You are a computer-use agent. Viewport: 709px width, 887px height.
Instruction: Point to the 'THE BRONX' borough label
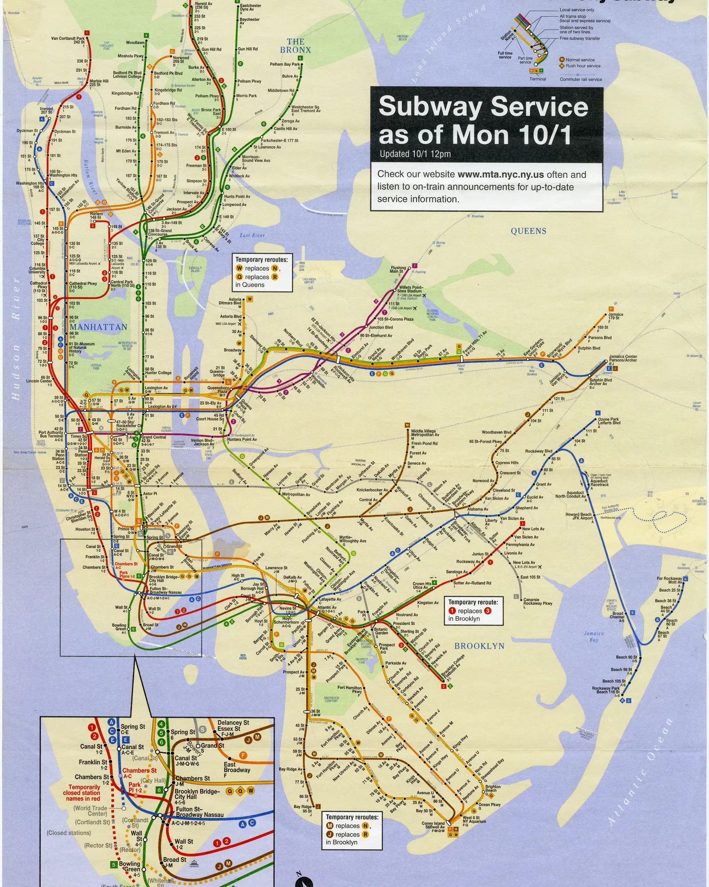point(296,46)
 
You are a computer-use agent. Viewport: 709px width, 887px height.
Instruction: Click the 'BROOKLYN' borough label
point(479,646)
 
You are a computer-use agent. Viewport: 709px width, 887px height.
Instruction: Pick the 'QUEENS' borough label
point(529,231)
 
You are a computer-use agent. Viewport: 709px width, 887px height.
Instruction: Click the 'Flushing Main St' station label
point(398,269)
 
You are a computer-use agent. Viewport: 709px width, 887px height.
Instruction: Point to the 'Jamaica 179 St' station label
point(616,316)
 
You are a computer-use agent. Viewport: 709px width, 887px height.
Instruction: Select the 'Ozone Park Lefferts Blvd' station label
point(609,421)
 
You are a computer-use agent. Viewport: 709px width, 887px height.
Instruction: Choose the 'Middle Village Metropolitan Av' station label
point(425,433)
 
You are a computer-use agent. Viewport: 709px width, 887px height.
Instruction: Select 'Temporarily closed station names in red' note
point(81,793)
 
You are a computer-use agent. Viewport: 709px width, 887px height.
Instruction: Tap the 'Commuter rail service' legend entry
point(580,79)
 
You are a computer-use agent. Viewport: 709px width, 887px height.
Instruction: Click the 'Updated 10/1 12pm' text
point(415,154)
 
